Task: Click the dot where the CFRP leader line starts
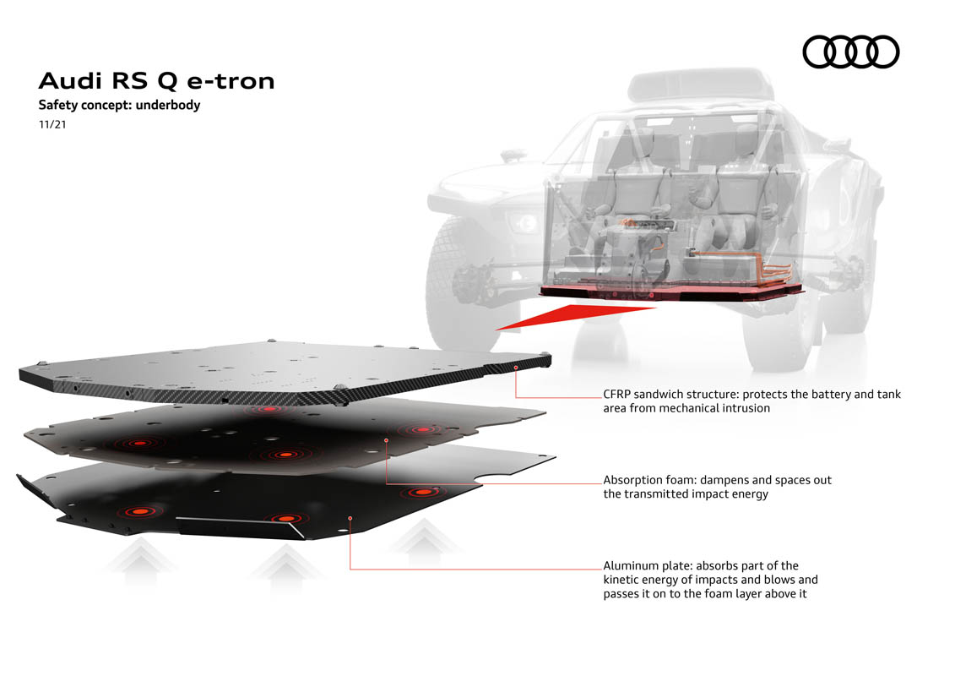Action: pos(516,368)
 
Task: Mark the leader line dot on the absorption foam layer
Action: pos(386,440)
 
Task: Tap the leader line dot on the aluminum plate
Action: pos(350,518)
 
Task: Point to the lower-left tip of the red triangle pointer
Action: pos(495,330)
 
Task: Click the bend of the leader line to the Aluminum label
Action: pos(350,570)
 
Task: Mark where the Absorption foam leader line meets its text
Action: pos(602,484)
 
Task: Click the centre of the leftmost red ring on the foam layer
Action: pos(139,443)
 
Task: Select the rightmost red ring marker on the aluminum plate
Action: pos(423,492)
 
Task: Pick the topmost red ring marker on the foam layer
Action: pos(269,410)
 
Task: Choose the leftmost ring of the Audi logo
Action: pos(821,52)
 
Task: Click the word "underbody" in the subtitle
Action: pos(168,105)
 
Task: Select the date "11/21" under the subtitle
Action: pos(52,124)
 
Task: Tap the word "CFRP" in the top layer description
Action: pos(617,395)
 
